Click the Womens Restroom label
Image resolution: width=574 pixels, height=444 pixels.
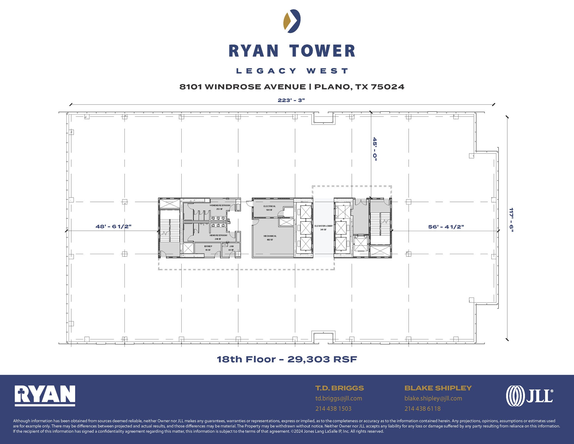[x=220, y=206]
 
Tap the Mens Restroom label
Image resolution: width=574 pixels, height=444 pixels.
[x=218, y=236]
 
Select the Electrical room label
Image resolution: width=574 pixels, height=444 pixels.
[x=269, y=206]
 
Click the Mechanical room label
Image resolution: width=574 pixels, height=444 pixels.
[x=270, y=236]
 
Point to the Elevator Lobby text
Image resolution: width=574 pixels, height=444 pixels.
[x=323, y=226]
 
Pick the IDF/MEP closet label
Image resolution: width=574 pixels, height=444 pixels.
[x=208, y=247]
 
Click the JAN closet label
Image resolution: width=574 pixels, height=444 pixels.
[x=231, y=247]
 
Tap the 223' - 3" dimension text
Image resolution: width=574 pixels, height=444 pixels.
[x=291, y=100]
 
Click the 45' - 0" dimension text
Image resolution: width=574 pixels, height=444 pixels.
[x=375, y=149]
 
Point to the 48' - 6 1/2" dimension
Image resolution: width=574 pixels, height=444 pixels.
[x=114, y=227]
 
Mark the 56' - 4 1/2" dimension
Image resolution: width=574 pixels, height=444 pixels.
[x=446, y=227]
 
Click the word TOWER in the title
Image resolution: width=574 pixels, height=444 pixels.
[x=322, y=51]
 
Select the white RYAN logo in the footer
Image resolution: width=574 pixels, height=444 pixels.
[x=45, y=395]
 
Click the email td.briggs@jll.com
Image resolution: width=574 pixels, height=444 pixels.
[x=339, y=398]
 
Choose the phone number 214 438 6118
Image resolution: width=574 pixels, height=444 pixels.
[x=422, y=409]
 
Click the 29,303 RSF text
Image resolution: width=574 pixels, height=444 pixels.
[x=322, y=359]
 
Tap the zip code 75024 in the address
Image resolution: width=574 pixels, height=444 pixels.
[x=388, y=87]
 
